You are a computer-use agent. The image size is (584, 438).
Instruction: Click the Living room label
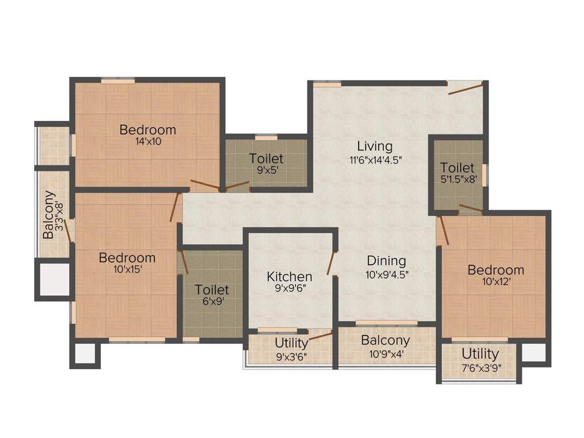point(375,146)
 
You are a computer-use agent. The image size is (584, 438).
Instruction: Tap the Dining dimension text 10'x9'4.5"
point(387,273)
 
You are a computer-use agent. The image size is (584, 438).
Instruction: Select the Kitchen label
point(290,277)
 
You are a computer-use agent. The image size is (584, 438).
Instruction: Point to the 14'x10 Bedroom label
point(148,130)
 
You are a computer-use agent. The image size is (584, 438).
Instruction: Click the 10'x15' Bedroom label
point(127,258)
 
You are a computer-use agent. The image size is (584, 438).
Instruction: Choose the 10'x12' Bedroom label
point(496,270)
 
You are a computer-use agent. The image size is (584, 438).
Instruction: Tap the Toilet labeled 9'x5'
point(266,159)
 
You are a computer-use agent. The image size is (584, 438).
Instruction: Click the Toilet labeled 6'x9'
point(212,290)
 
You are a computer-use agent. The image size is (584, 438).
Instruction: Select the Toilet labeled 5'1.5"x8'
point(457,168)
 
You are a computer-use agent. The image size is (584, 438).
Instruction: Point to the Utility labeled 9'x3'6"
point(291,343)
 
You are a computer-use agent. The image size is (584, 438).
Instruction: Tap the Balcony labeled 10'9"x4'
point(386,340)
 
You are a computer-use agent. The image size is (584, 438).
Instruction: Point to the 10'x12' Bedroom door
point(443,231)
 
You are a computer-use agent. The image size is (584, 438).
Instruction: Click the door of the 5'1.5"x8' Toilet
point(471,208)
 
